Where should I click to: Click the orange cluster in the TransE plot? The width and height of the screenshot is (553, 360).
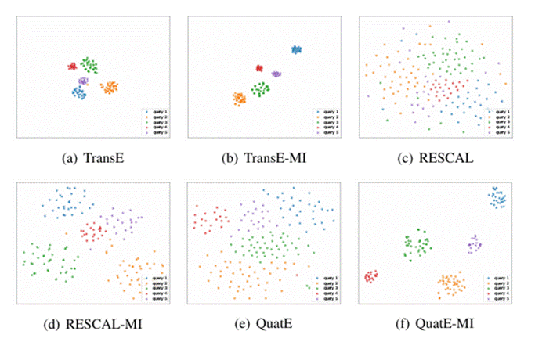(x=109, y=87)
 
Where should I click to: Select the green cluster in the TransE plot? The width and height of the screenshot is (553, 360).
(x=89, y=66)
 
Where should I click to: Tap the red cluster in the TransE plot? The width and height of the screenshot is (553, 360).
(x=71, y=67)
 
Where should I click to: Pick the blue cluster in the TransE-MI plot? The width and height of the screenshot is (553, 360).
(x=296, y=50)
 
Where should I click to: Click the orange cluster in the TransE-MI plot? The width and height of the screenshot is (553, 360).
(x=239, y=99)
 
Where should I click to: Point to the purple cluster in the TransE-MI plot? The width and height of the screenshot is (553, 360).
(x=276, y=74)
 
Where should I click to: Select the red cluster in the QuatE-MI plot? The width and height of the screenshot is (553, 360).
(x=370, y=276)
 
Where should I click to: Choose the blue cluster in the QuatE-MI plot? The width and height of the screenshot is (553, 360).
(x=497, y=198)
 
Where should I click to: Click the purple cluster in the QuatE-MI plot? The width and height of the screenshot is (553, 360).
(x=474, y=245)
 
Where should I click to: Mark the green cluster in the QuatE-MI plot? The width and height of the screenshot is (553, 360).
(x=417, y=245)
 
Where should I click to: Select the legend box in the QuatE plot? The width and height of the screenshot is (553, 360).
(x=325, y=287)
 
